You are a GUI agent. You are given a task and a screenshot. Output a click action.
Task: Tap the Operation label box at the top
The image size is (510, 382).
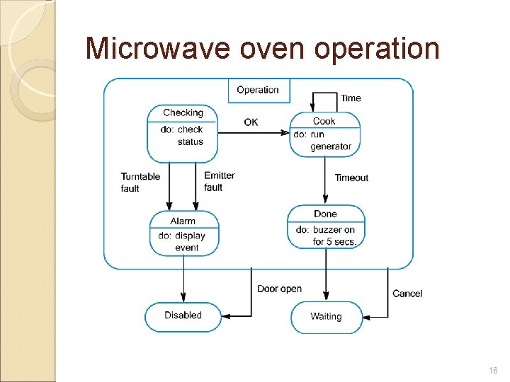coord(257,90)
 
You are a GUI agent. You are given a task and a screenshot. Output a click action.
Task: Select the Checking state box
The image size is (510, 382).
coord(182,133)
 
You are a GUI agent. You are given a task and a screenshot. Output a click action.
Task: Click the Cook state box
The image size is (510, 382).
coord(324,133)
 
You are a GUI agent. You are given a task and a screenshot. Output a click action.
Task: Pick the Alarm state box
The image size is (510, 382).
coord(183,233)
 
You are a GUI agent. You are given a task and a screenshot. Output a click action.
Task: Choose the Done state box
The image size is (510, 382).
coord(326,226)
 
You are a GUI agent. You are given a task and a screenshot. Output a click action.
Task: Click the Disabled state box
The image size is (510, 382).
coord(183,316)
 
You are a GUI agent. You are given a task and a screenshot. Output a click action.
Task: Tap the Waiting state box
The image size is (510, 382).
coord(326,317)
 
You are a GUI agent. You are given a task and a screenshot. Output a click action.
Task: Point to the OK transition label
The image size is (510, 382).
coord(251,122)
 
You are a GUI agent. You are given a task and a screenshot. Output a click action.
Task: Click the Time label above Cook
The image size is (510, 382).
coord(351,98)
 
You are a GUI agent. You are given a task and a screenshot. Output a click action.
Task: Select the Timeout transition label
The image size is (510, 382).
coord(351,178)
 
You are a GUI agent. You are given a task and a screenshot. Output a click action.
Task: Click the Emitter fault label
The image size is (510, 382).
coord(219,181)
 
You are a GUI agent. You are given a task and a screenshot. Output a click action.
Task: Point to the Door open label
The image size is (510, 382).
coord(280,289)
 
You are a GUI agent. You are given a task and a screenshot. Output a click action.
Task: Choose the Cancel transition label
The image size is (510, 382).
coord(407,293)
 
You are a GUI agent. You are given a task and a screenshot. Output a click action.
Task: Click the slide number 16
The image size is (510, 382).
coord(493,370)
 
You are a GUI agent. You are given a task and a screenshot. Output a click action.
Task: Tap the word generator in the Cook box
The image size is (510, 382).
coord(331,146)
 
